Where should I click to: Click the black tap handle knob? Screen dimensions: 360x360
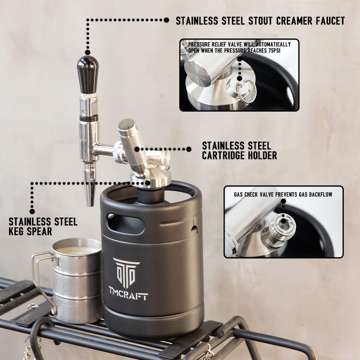coord(87,74)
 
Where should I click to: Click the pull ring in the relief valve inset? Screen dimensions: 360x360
coord(248,91)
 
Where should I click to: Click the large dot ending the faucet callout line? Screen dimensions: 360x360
coord(166,21)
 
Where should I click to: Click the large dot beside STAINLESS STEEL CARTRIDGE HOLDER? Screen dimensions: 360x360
coord(189,149)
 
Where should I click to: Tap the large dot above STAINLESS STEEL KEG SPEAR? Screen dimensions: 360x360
coord(32,211)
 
